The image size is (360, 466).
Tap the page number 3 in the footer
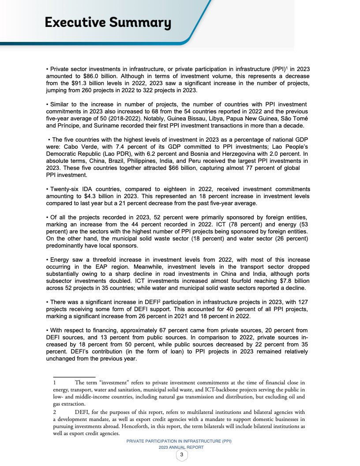(181, 455)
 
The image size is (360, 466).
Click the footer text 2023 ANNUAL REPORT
(181, 447)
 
